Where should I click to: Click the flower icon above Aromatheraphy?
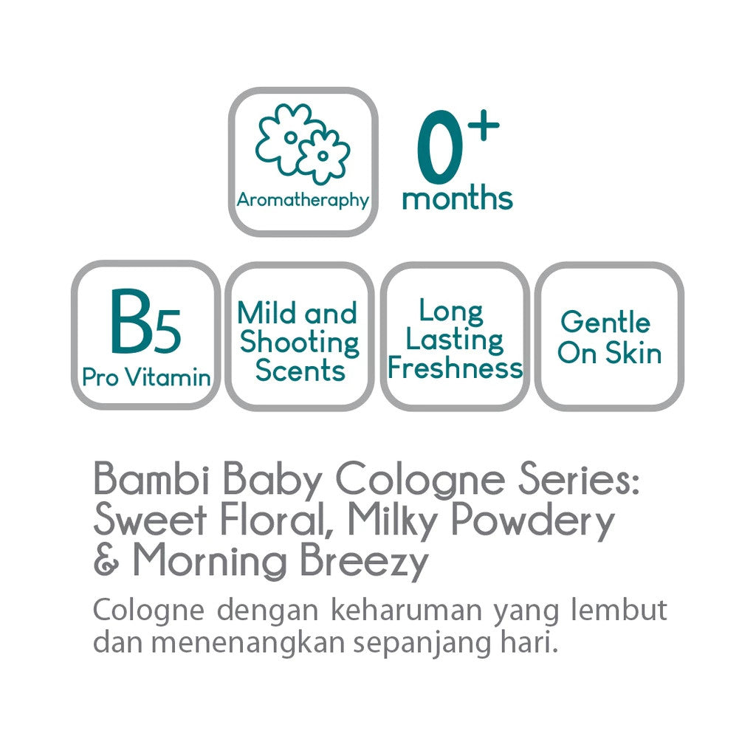point(301,143)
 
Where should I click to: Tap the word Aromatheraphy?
point(302,199)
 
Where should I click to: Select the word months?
point(457,198)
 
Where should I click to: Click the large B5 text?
point(145,323)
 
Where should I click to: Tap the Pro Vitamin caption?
point(146,377)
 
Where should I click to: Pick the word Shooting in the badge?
point(300,342)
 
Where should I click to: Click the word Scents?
point(300,370)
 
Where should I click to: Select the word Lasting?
point(455,340)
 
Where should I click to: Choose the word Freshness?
point(455,368)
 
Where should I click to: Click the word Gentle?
point(605,323)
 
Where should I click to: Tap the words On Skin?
point(609,354)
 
